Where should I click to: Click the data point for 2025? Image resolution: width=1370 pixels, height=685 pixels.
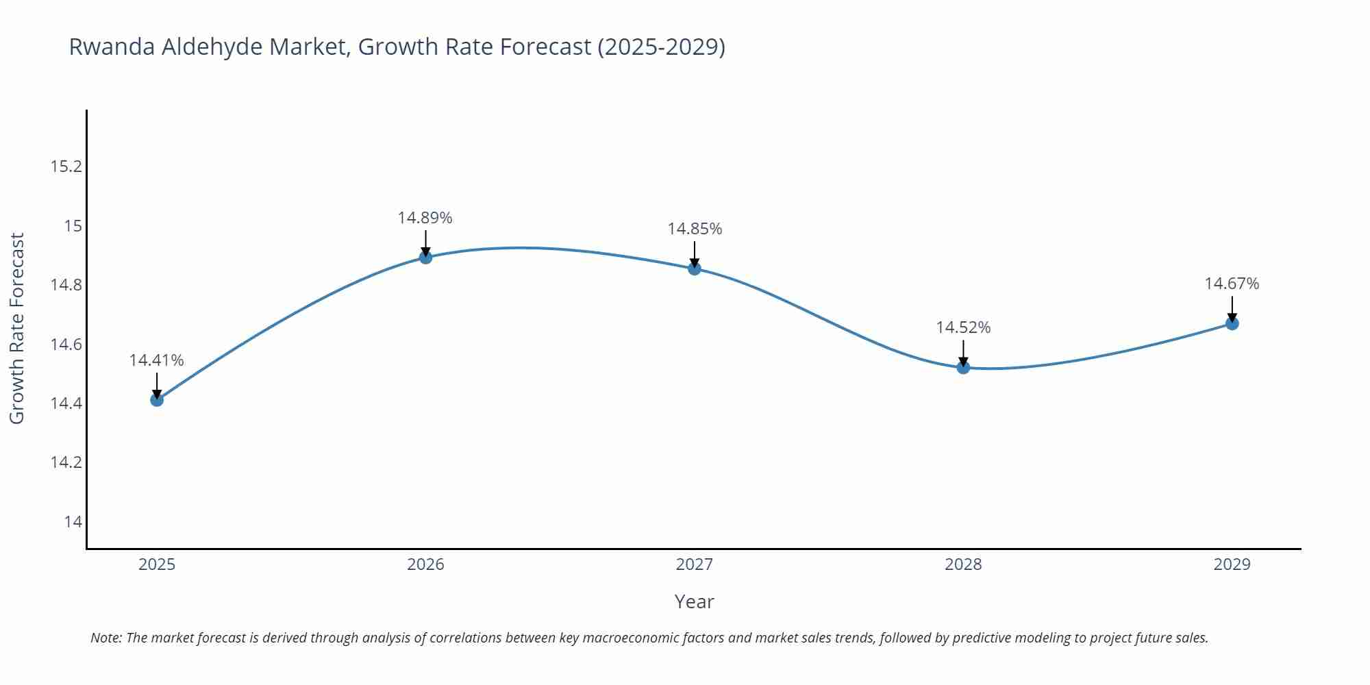(x=157, y=399)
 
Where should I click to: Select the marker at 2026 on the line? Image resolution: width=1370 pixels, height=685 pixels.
(x=425, y=258)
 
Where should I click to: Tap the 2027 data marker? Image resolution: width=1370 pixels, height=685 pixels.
(x=695, y=269)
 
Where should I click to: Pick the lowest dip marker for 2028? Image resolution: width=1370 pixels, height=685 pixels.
(x=963, y=367)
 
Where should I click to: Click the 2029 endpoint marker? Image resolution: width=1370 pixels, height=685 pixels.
(x=1232, y=323)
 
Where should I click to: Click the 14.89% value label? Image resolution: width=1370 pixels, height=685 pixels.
(x=425, y=218)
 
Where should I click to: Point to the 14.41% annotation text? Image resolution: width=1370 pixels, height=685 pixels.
(x=156, y=360)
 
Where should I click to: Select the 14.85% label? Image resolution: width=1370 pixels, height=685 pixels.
(x=695, y=229)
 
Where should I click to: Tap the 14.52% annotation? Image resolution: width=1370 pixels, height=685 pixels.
(x=963, y=327)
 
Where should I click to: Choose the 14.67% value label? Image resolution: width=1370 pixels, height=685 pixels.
(x=1232, y=284)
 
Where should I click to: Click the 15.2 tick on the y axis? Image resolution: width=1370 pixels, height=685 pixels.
(x=66, y=166)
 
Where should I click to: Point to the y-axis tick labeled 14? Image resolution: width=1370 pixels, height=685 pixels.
(x=73, y=522)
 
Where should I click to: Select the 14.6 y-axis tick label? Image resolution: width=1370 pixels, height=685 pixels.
(x=66, y=344)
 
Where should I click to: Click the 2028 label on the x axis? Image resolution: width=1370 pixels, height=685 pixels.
(x=963, y=564)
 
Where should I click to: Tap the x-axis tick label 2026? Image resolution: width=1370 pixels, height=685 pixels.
(x=425, y=564)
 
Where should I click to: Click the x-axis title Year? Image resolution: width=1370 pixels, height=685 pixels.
(x=694, y=601)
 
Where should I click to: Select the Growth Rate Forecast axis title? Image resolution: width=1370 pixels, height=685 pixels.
(x=16, y=329)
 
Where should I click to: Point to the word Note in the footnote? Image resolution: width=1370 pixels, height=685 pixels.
(x=105, y=638)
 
